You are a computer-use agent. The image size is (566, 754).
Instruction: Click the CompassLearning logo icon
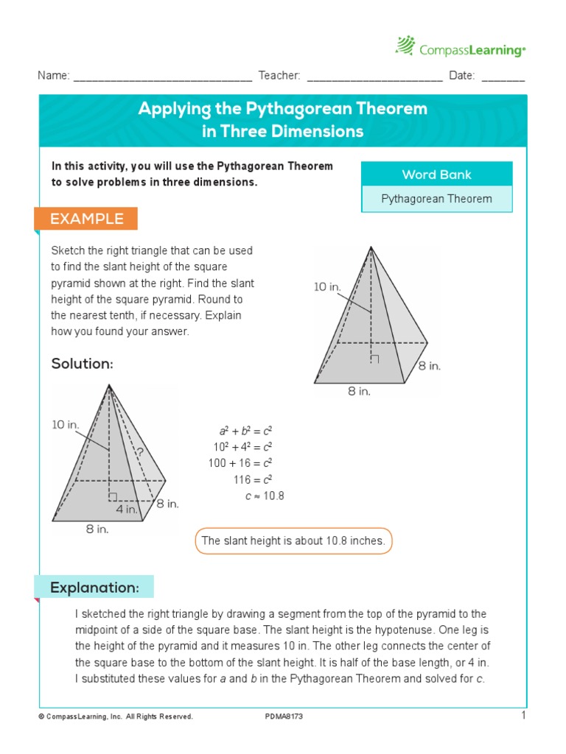pos(405,46)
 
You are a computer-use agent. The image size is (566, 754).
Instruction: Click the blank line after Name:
pos(163,77)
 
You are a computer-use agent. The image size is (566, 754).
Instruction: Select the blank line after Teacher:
pos(374,77)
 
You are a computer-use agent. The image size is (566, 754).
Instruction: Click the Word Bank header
pos(436,175)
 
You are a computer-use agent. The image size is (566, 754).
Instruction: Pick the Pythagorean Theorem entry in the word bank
pos(436,199)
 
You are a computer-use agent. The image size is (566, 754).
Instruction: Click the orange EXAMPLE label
pos(86,219)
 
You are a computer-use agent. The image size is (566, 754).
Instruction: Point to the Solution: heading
pos(82,364)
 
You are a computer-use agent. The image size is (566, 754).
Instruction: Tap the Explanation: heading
pos(94,588)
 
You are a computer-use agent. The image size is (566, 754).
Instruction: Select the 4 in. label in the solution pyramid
pos(127,509)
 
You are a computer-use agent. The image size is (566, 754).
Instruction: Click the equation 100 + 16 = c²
pos(240,463)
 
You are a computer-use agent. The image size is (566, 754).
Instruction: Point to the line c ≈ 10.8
pos(265,496)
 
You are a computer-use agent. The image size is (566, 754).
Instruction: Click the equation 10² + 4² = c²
pos(242,447)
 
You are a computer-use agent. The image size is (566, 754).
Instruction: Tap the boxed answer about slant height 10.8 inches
pos(293,540)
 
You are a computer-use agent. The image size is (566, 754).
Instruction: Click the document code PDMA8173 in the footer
pos(283,716)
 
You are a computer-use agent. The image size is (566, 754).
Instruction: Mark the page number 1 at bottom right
pos(523,716)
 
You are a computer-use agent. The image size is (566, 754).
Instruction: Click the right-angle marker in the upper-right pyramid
pos(375,359)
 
